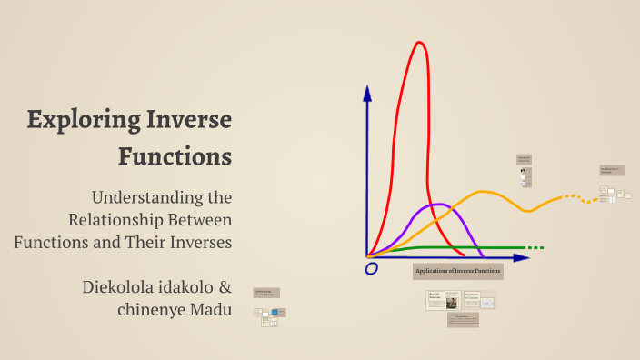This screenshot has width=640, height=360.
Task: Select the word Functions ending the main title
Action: click(x=175, y=156)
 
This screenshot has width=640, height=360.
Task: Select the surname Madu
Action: click(x=211, y=310)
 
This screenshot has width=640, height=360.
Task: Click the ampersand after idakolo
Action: click(x=225, y=287)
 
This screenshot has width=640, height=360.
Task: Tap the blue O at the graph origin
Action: click(x=371, y=268)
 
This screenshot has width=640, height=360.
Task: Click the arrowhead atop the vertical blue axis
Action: click(x=367, y=92)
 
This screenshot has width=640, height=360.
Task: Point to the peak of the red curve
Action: click(x=420, y=43)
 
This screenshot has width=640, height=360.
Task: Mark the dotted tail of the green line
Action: click(x=535, y=247)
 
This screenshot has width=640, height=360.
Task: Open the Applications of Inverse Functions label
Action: click(x=457, y=271)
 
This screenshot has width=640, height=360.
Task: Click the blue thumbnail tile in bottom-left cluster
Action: click(x=275, y=313)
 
